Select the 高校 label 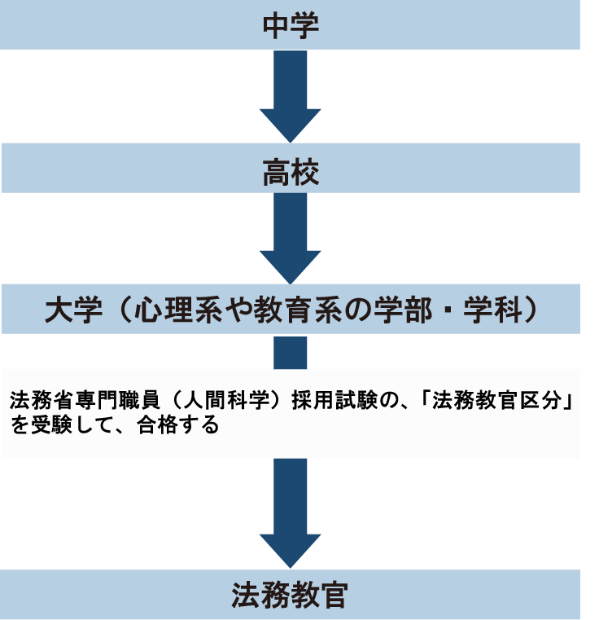coord(290,172)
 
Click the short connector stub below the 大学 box coord(290,352)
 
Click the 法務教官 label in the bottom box coord(290,596)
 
